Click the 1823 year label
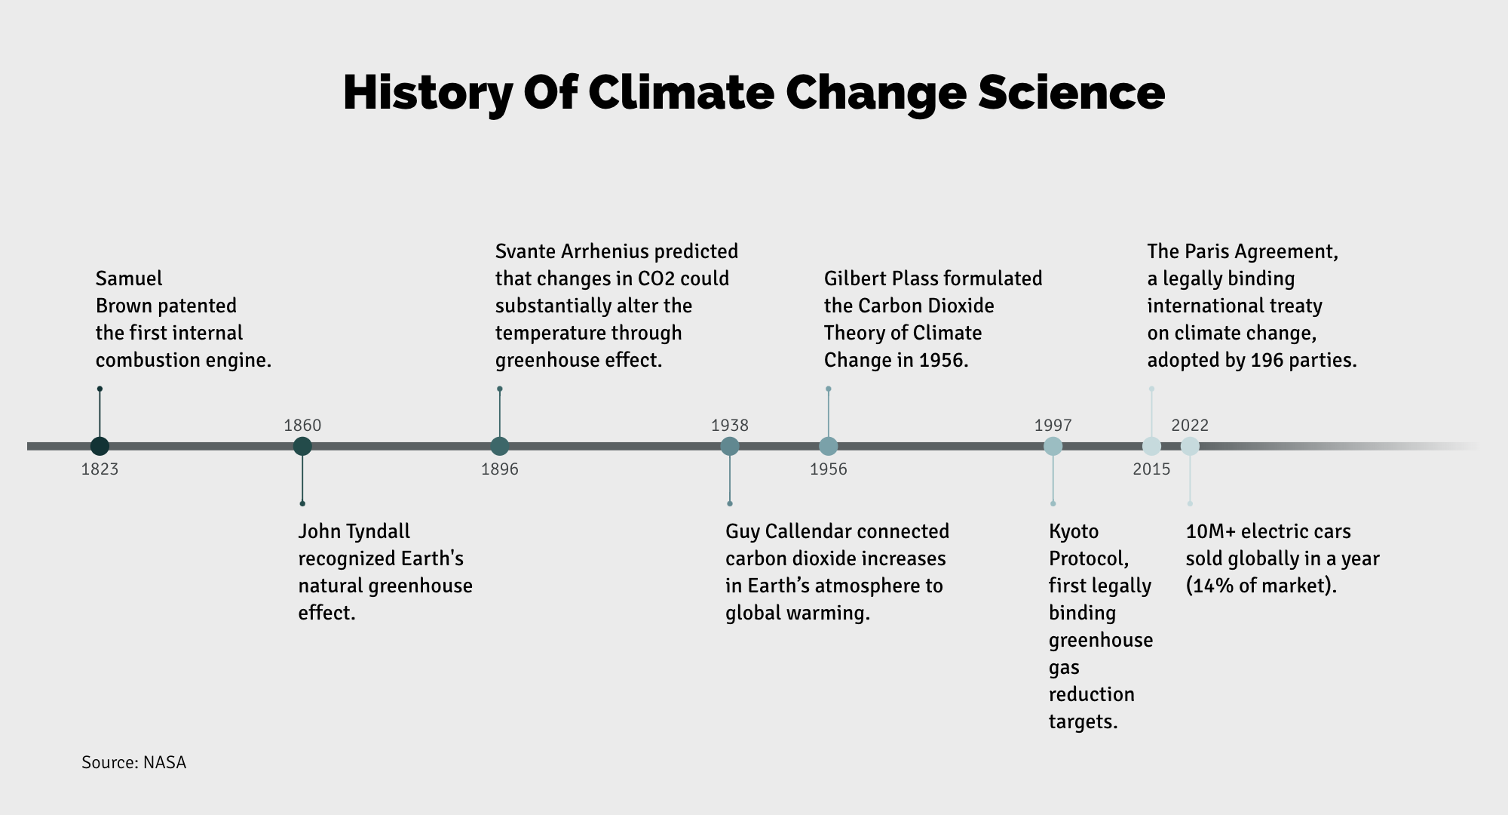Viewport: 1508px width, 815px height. [x=100, y=469]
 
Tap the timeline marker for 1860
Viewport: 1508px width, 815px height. [x=302, y=446]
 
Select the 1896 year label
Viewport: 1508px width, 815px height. [x=499, y=469]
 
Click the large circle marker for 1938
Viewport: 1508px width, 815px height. [x=729, y=446]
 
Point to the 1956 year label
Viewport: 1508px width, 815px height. [x=828, y=469]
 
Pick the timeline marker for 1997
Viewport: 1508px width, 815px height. [x=1053, y=446]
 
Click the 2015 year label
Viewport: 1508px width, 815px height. [x=1151, y=469]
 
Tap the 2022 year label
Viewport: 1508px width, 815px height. [x=1190, y=426]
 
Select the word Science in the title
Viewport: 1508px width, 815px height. [x=1071, y=93]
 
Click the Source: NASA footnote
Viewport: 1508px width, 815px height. [x=133, y=762]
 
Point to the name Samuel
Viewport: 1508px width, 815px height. [x=129, y=278]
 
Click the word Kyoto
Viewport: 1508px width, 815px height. [x=1074, y=531]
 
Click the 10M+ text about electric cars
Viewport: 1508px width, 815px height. [x=1210, y=531]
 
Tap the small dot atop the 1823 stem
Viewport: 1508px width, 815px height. [x=100, y=389]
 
